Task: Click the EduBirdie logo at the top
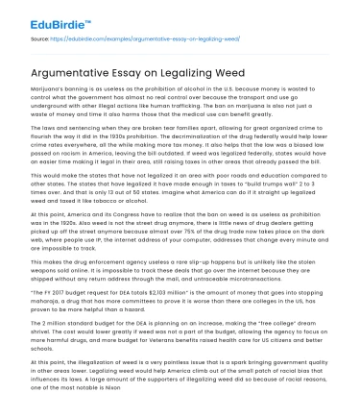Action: tap(46, 18)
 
